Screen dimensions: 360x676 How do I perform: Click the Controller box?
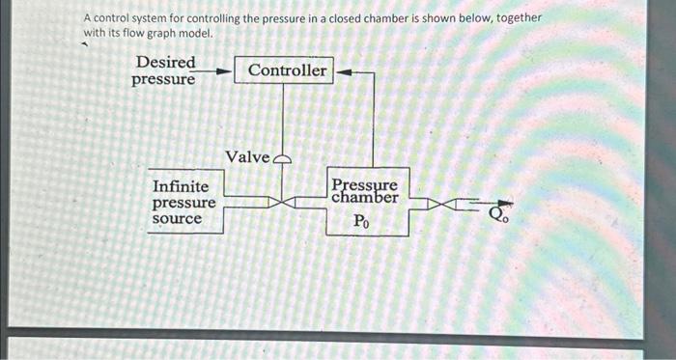pyautogui.click(x=288, y=70)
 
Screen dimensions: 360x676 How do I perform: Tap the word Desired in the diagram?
pyautogui.click(x=165, y=63)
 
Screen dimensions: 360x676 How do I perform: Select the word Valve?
pyautogui.click(x=247, y=157)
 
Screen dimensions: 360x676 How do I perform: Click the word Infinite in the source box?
pyautogui.click(x=181, y=186)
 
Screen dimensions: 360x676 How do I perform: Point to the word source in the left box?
pyautogui.click(x=178, y=219)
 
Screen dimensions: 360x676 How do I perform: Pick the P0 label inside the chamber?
pyautogui.click(x=360, y=221)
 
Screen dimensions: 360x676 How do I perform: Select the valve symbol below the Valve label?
pyautogui.click(x=283, y=203)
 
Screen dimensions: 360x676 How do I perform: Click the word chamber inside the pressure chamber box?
pyautogui.click(x=364, y=198)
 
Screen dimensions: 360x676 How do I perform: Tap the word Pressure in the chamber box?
pyautogui.click(x=364, y=184)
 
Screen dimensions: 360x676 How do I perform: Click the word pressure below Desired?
pyautogui.click(x=162, y=79)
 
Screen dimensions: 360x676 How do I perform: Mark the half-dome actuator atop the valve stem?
pyautogui.click(x=283, y=160)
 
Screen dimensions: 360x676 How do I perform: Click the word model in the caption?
pyautogui.click(x=193, y=35)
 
